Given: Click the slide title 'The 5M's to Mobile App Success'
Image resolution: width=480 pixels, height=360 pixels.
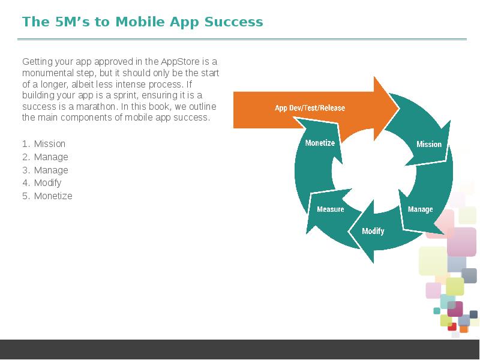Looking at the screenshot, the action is point(143,22).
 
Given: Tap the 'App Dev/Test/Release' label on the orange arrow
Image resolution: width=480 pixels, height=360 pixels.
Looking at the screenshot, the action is point(310,108).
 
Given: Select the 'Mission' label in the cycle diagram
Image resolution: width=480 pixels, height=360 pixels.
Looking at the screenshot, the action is point(429,144).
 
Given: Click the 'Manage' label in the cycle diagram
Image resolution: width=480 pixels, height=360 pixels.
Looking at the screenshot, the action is point(421,209).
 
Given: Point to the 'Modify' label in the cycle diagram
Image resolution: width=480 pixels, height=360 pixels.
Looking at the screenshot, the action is point(373,231).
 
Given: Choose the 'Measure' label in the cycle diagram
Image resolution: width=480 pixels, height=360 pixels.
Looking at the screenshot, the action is point(331,209).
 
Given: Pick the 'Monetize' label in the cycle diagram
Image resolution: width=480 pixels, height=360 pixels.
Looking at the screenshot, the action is point(320,143).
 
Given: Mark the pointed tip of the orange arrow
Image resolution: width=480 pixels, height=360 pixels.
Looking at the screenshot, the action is point(399,109).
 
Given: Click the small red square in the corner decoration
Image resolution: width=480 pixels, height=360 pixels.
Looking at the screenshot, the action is point(452,326).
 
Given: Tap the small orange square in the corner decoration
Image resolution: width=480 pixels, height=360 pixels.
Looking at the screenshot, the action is point(464,329).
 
